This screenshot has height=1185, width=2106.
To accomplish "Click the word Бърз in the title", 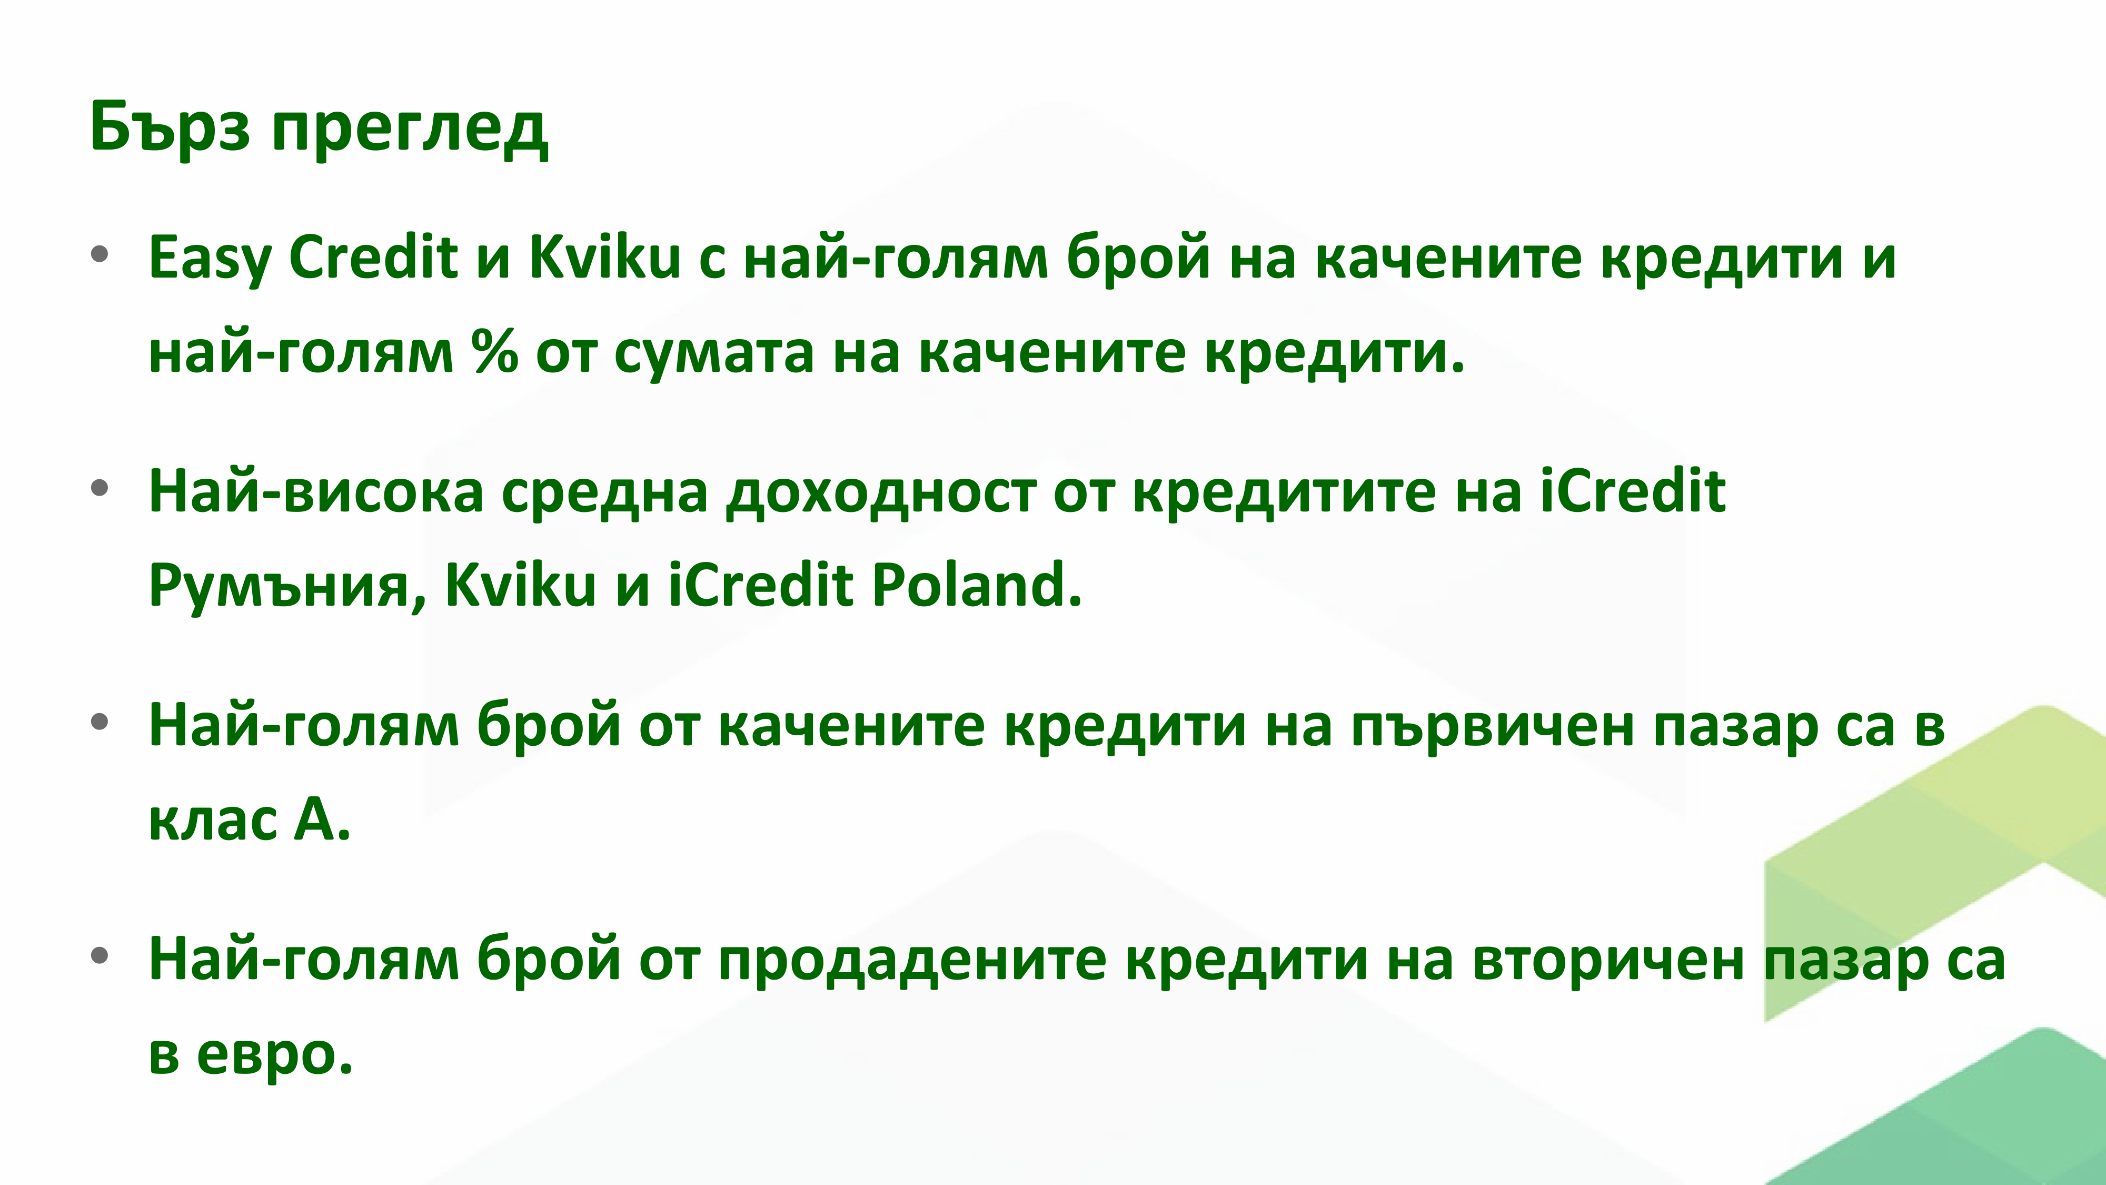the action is (x=170, y=127).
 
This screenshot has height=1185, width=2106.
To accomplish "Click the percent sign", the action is (x=494, y=352).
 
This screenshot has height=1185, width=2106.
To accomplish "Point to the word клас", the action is (x=213, y=820).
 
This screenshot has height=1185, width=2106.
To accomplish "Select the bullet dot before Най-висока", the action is (x=100, y=488).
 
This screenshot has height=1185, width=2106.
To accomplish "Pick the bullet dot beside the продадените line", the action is (x=100, y=955).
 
